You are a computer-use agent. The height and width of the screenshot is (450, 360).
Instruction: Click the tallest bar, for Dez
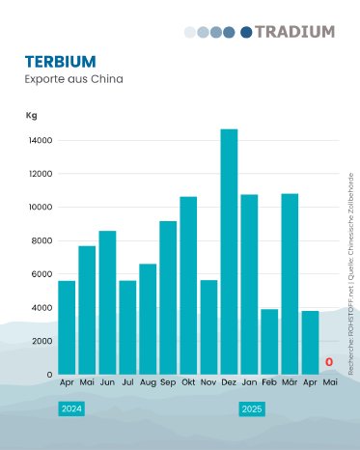click(x=229, y=251)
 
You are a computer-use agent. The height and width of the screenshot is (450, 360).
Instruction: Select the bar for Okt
click(x=188, y=285)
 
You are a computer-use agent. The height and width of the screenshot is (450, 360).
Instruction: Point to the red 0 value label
click(x=329, y=363)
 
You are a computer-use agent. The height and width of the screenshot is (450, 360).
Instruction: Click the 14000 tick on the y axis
click(x=41, y=141)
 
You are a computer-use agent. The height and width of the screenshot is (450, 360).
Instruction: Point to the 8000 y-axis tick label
click(x=42, y=240)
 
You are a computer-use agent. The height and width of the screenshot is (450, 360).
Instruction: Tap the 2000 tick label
click(x=42, y=341)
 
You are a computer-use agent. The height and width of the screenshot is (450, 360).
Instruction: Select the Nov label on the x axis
click(x=208, y=383)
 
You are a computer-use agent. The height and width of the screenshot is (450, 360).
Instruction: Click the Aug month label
click(x=148, y=383)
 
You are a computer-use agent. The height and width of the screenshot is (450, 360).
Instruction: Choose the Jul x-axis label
click(x=127, y=383)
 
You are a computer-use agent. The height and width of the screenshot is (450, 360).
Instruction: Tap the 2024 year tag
click(x=71, y=409)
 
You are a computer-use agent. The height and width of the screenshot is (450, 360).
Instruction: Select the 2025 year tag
click(x=252, y=409)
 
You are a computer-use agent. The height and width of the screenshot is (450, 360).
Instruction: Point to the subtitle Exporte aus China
click(x=74, y=78)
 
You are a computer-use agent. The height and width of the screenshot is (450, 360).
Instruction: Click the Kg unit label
click(x=31, y=116)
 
